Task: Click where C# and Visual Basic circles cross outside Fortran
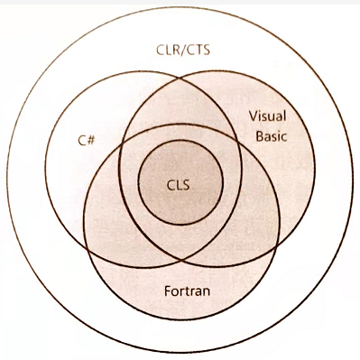pyautogui.click(x=180, y=79)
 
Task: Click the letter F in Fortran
pyautogui.click(x=169, y=291)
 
